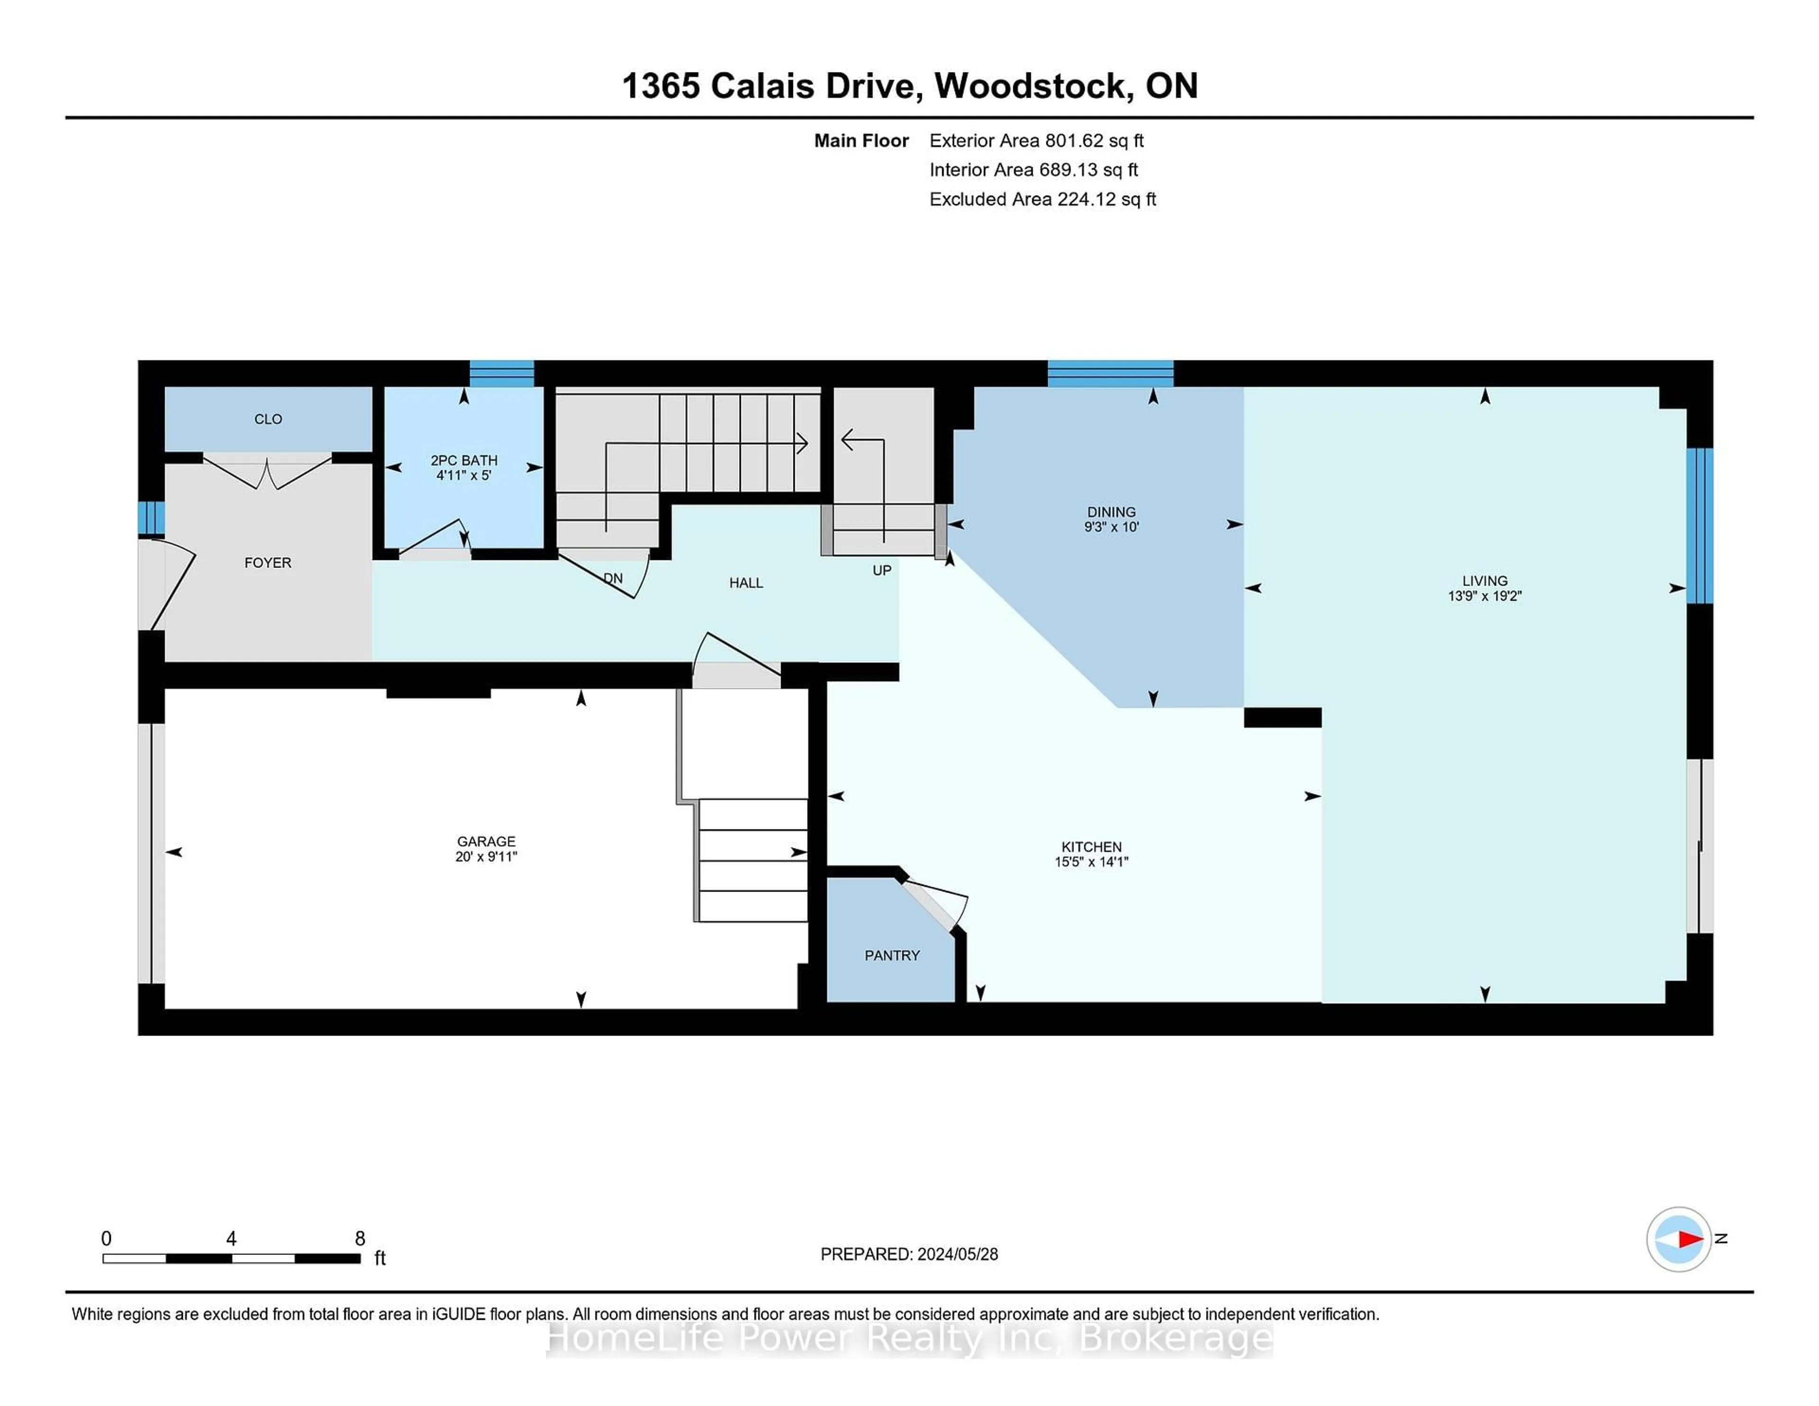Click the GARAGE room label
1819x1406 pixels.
point(486,841)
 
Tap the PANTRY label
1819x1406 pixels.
point(892,955)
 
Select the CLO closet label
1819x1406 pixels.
point(268,419)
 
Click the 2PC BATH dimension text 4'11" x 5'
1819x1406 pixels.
point(464,476)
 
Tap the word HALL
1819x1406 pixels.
point(746,583)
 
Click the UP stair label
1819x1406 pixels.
point(882,570)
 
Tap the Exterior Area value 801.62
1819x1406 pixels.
point(1074,141)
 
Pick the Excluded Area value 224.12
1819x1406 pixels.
point(1086,199)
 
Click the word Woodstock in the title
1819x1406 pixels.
point(1030,86)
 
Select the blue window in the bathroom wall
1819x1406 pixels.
point(501,373)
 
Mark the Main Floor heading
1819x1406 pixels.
point(861,141)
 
